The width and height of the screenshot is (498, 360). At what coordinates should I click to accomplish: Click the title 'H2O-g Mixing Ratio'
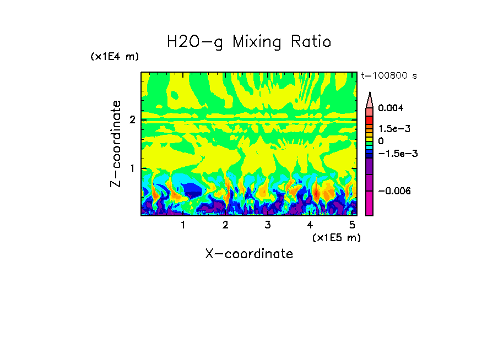click(x=249, y=42)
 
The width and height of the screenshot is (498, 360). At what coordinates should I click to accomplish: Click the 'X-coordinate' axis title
click(x=249, y=254)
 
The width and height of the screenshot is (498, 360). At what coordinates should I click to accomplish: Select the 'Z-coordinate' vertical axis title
click(x=116, y=143)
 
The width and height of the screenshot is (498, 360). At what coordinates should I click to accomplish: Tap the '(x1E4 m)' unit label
click(x=115, y=57)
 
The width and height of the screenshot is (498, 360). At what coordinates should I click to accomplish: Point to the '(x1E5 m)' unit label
click(x=336, y=237)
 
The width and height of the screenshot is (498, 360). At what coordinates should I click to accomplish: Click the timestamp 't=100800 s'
click(x=388, y=75)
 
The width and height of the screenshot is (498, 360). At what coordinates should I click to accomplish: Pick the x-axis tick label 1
click(x=183, y=225)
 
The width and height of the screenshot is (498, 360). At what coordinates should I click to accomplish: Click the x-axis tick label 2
click(x=225, y=225)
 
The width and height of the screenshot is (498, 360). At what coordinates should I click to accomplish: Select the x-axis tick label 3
click(x=267, y=225)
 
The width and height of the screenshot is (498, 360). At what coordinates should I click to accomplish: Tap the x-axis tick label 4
click(x=310, y=225)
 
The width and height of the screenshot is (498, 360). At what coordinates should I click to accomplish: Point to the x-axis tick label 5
click(x=351, y=225)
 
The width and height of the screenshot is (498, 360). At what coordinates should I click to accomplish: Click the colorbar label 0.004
click(x=391, y=108)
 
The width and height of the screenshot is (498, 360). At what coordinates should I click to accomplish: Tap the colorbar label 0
click(x=381, y=141)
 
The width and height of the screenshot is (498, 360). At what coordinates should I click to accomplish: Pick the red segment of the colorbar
click(x=370, y=120)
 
